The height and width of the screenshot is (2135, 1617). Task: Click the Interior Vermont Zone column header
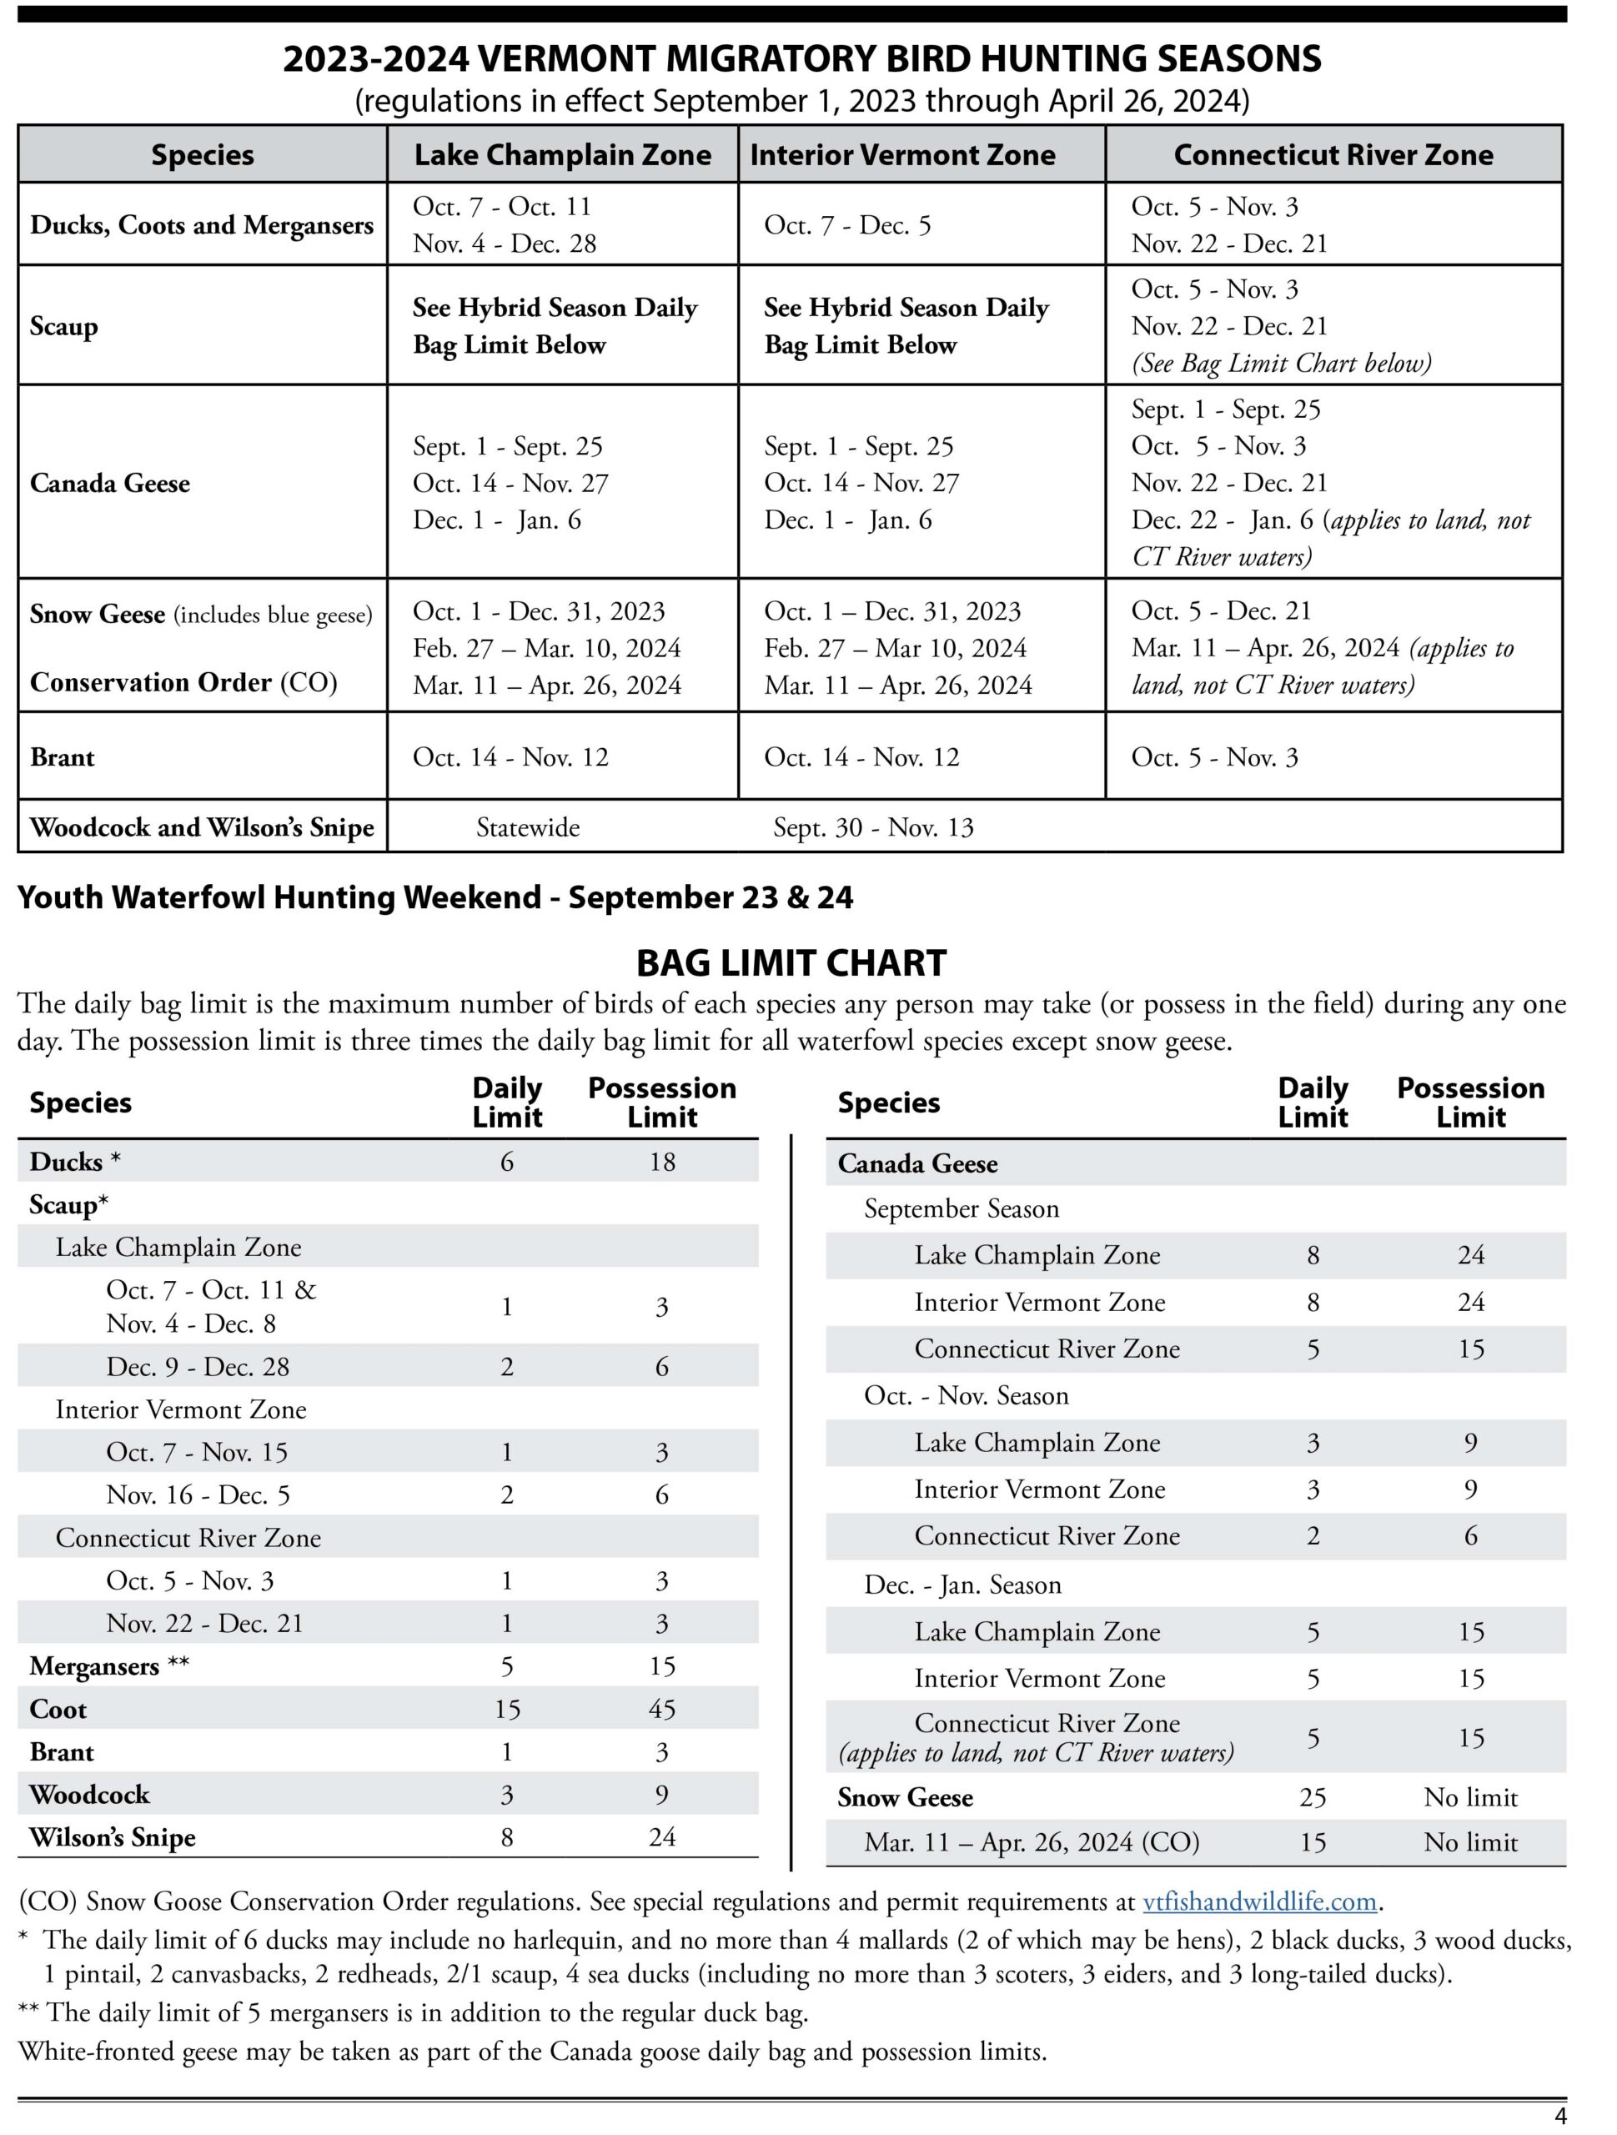pos(902,155)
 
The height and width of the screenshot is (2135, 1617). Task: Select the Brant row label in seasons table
pos(62,756)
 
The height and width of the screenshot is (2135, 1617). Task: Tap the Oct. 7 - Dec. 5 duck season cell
pos(846,225)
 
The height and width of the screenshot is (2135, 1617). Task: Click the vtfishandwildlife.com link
pos(1259,1901)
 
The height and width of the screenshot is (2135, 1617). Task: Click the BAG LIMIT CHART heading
pos(791,963)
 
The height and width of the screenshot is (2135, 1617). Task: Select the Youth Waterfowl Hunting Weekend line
pos(435,897)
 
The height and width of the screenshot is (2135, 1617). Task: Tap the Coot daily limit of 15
pos(507,1710)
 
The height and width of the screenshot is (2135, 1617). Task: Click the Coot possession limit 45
pos(661,1710)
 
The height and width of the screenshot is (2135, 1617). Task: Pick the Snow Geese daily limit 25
pos(1312,1797)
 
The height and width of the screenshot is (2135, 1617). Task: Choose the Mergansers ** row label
pos(109,1666)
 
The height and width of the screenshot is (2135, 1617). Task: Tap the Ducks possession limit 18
pos(661,1162)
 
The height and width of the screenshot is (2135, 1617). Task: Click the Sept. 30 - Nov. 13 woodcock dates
pos(872,827)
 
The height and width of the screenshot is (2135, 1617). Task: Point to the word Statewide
pos(527,827)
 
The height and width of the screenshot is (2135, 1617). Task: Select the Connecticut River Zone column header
pos(1333,155)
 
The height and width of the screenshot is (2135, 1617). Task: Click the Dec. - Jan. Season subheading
pos(962,1585)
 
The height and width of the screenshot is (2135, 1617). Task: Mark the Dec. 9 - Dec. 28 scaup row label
pos(197,1367)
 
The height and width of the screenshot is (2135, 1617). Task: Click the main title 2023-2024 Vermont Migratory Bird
pos(801,59)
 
